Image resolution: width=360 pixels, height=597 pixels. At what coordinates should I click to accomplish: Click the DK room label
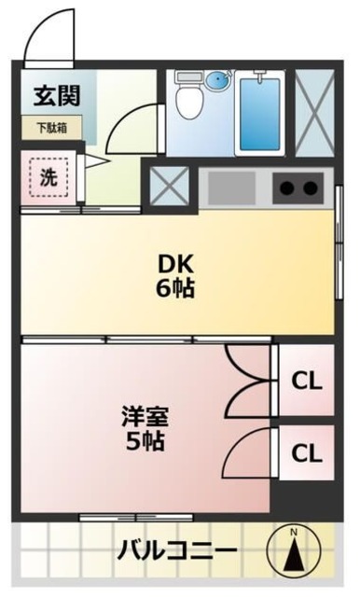tap(175, 263)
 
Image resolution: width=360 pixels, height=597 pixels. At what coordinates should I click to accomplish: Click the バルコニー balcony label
tap(176, 550)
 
